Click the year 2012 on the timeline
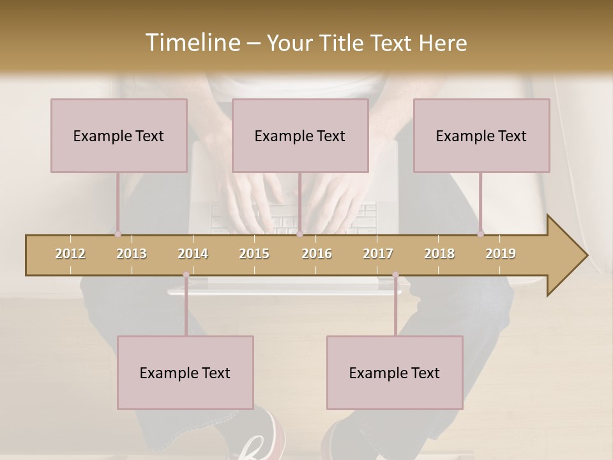pyautogui.click(x=70, y=254)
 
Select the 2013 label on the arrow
pyautogui.click(x=132, y=254)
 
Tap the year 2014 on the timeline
pyautogui.click(x=193, y=254)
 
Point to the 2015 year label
pyautogui.click(x=254, y=254)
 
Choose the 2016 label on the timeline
pyautogui.click(x=317, y=254)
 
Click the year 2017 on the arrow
pyautogui.click(x=378, y=254)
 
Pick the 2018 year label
pyautogui.click(x=439, y=254)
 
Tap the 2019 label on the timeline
pyautogui.click(x=501, y=254)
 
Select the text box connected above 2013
pyautogui.click(x=119, y=135)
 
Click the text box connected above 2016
pyautogui.click(x=300, y=135)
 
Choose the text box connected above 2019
pyautogui.click(x=481, y=135)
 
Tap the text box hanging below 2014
pyautogui.click(x=185, y=372)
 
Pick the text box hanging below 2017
pyautogui.click(x=395, y=372)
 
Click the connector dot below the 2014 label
pyautogui.click(x=186, y=275)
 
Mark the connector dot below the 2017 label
pyautogui.click(x=395, y=275)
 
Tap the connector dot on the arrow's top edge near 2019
pyautogui.click(x=481, y=234)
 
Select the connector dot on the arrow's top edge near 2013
pyautogui.click(x=118, y=234)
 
